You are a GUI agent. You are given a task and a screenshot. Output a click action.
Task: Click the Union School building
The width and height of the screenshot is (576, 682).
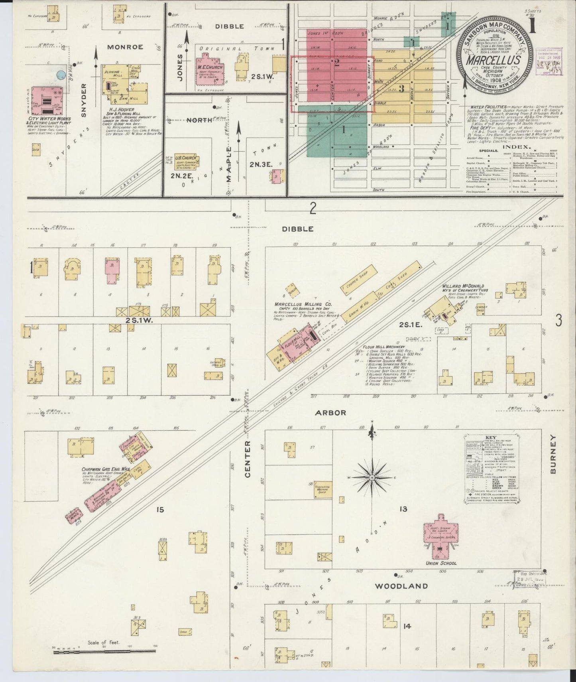coord(440,536)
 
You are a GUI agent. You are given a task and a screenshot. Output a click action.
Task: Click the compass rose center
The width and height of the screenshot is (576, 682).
coord(372,477)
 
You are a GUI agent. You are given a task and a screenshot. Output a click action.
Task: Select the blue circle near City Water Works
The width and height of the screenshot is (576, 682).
coord(61,75)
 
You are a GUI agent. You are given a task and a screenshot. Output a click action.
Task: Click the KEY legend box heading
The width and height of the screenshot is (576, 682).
coord(490,438)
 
